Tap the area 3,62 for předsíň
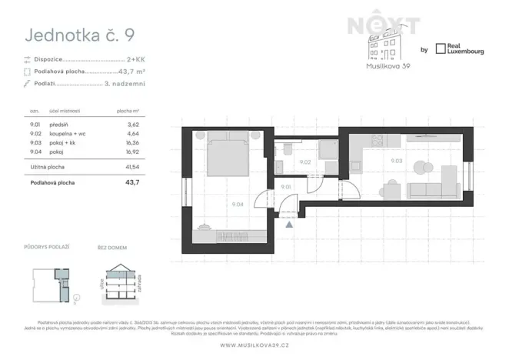coord(132,124)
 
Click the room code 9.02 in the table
coord(33,134)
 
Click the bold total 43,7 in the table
coord(131,182)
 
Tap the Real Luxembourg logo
coord(459,49)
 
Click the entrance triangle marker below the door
coord(289,225)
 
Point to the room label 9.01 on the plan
coord(285,187)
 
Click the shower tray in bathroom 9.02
coord(327,151)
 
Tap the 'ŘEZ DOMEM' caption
coord(112,246)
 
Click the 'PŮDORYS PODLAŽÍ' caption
coord(47,246)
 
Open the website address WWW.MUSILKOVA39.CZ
coord(254,345)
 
